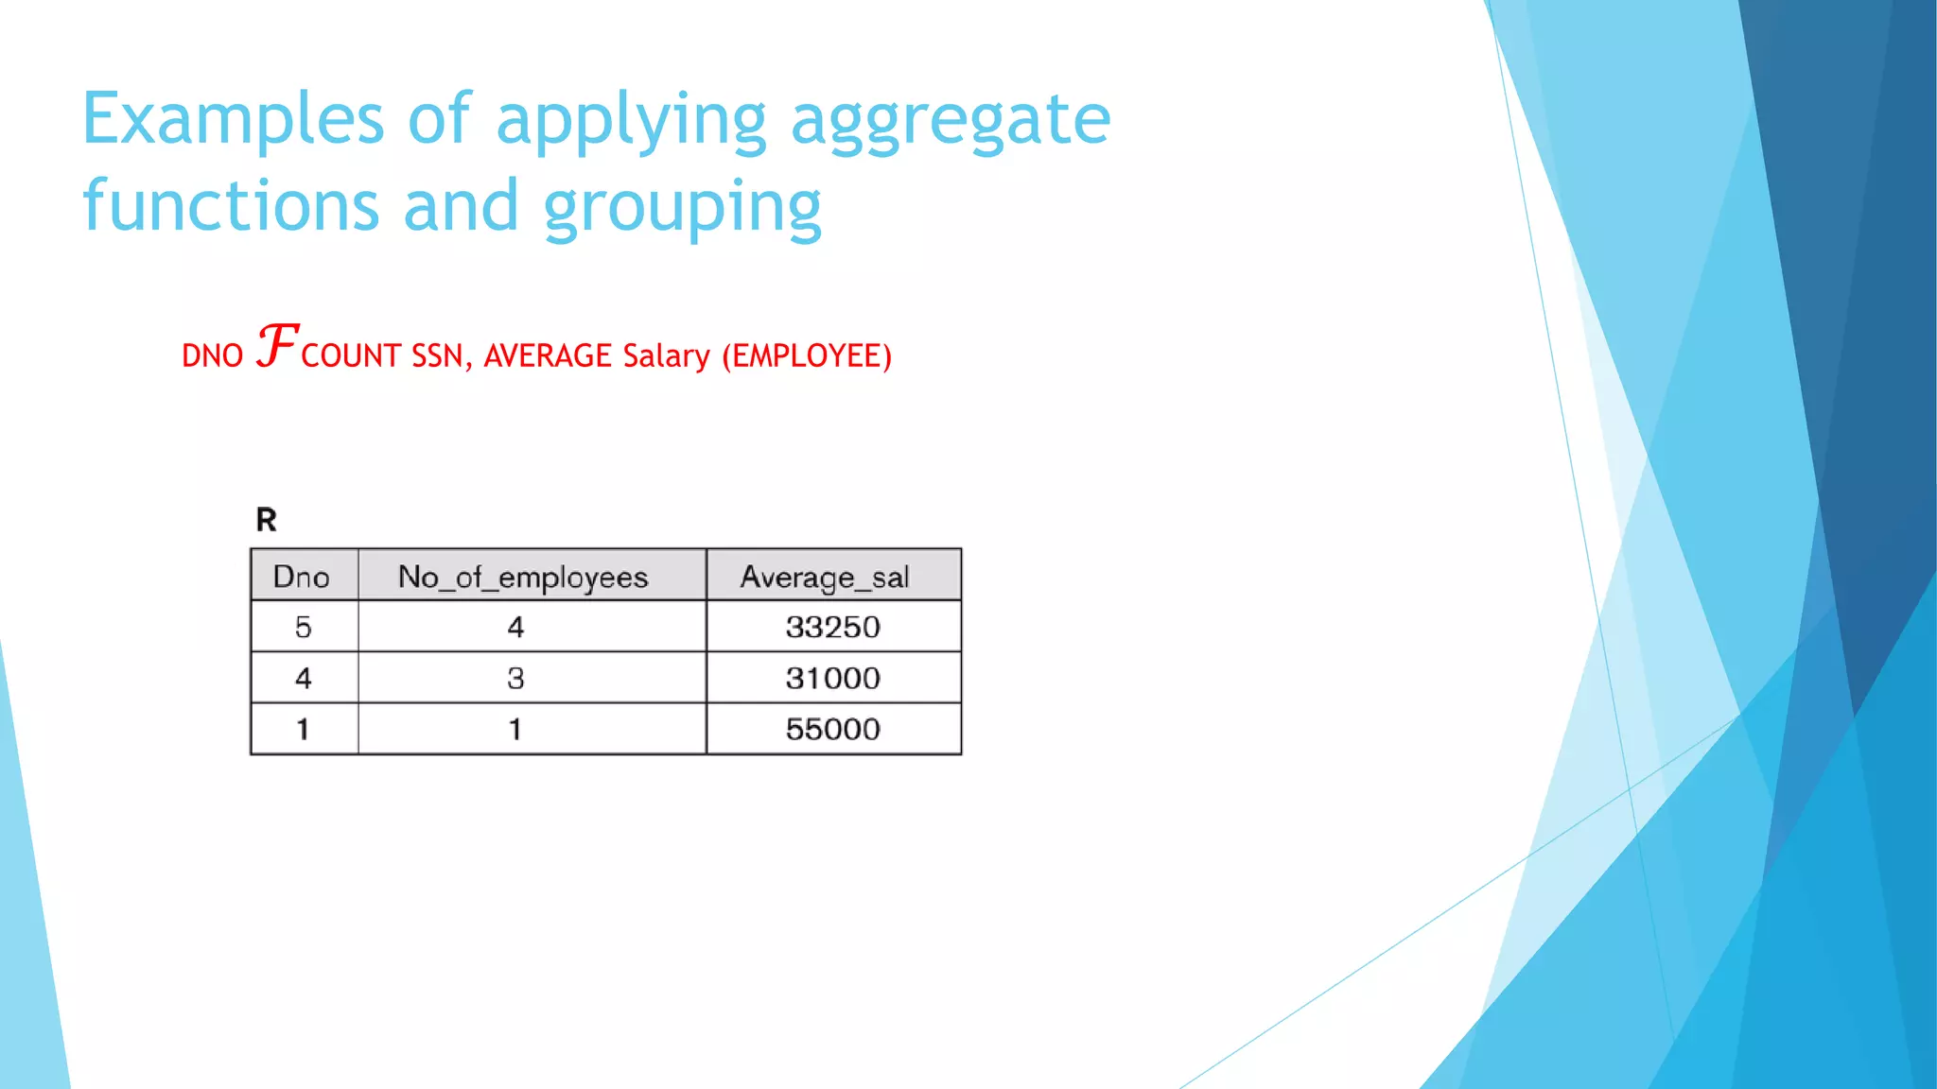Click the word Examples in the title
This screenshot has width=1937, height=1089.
coord(233,120)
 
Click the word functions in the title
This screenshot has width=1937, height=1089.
coord(231,205)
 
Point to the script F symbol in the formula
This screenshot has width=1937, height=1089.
coord(277,345)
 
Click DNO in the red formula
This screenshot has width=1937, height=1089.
coord(212,356)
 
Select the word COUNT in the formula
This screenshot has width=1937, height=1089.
coord(351,356)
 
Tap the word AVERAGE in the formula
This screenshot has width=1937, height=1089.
coord(548,356)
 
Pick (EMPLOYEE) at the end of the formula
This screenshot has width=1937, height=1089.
coord(807,356)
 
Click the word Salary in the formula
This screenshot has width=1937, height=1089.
coord(666,356)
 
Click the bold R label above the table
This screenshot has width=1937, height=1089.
coord(266,520)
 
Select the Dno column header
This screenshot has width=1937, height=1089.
coord(302,577)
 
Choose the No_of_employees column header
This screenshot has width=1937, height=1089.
coord(523,577)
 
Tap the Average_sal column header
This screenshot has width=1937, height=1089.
coord(825,577)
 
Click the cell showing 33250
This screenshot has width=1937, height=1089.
coord(832,627)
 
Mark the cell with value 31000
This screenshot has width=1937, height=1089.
coord(832,678)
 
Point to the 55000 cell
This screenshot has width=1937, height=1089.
coord(832,729)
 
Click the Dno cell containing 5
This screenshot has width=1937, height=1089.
coord(303,627)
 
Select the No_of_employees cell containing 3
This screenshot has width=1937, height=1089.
coord(515,678)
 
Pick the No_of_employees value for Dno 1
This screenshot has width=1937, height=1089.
coord(515,729)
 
